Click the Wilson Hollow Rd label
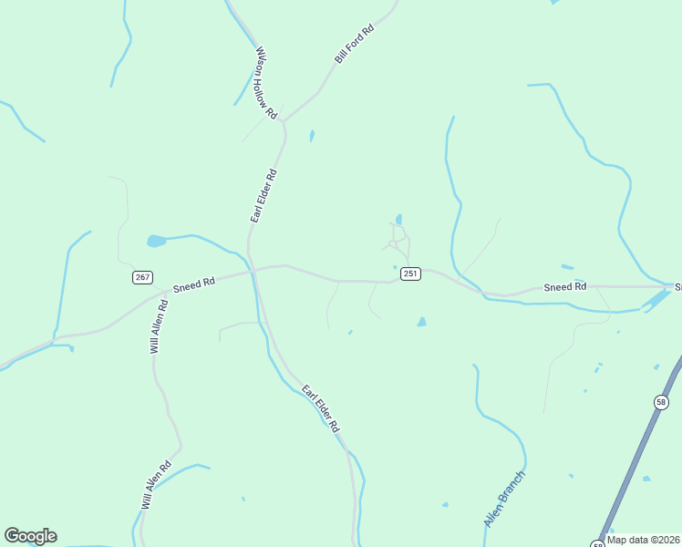coord(265,83)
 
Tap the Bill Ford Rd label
coord(355,44)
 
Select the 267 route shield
coord(141,277)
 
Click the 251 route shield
coord(411,273)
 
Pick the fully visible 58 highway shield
coord(661,402)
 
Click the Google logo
coord(30,536)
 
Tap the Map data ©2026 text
coord(643,540)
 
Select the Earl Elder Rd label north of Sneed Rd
coord(263,195)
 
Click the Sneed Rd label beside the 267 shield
coord(193,284)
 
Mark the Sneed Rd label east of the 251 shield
coord(564,287)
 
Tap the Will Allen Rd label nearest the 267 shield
coord(160,326)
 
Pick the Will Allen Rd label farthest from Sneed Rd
coord(156,484)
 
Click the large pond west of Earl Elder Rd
coord(157,242)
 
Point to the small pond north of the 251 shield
coord(398,220)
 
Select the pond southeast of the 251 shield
coord(421,322)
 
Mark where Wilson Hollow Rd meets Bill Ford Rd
coord(284,121)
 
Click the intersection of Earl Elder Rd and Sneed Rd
coord(253,271)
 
